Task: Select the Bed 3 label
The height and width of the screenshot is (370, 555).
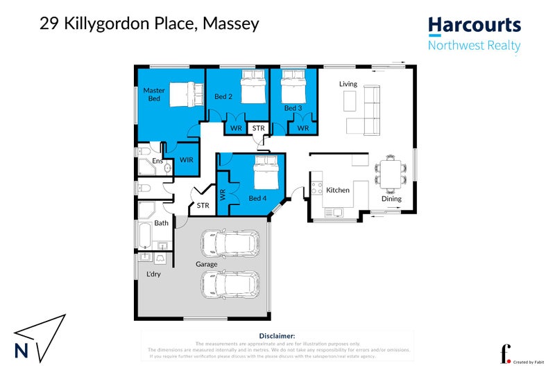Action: [293, 109]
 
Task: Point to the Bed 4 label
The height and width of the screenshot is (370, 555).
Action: [257, 198]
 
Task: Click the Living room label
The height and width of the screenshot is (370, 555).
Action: [348, 84]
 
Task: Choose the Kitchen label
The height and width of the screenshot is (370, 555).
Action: [338, 190]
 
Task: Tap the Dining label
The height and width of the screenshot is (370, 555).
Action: [391, 200]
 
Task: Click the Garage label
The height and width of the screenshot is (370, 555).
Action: [206, 264]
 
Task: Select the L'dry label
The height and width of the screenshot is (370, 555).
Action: [153, 274]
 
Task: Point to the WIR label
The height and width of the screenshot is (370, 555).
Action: [186, 160]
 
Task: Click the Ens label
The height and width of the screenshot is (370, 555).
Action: [157, 161]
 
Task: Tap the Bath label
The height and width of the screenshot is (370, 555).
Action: [161, 223]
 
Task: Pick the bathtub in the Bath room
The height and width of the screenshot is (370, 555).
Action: [145, 236]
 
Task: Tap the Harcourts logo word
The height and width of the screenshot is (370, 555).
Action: [474, 26]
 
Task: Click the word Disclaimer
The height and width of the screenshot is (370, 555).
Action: [277, 335]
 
